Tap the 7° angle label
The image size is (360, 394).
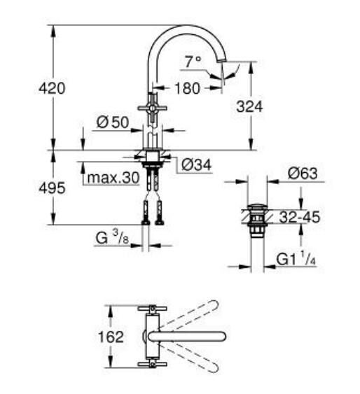tap(193, 62)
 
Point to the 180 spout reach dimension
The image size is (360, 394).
tap(187, 88)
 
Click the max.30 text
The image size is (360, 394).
tap(113, 178)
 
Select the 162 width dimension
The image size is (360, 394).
tap(111, 337)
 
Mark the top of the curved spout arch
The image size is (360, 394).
tap(187, 27)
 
